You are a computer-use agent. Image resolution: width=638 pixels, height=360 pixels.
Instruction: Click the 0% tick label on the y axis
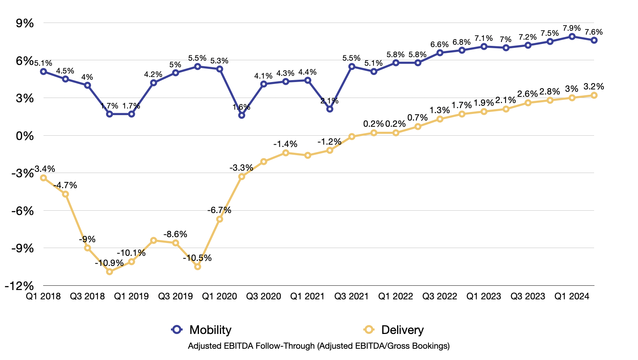25,136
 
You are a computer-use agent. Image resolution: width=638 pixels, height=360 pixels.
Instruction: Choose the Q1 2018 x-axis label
44,296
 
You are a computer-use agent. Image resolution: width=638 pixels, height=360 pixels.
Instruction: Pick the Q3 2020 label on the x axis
264,296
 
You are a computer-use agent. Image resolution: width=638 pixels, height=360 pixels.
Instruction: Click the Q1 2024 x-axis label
572,296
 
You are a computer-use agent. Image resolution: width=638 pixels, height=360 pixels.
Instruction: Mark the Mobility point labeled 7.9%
572,36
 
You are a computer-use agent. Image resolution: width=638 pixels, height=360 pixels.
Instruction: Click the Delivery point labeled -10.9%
110,272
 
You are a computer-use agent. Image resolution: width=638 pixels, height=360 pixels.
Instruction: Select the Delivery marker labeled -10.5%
197,267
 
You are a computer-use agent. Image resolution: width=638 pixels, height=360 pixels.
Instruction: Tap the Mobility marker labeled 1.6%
242,115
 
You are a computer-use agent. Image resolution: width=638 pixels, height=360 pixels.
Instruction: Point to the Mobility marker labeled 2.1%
330,109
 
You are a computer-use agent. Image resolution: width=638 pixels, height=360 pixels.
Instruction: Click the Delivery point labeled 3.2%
594,95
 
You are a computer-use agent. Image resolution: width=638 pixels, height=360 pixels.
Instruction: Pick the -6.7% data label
219,210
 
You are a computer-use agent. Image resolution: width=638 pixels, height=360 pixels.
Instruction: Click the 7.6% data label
593,32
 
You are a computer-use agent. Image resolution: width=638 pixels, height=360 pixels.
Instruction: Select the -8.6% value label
175,234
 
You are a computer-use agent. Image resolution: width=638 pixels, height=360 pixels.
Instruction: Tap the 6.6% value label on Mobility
439,45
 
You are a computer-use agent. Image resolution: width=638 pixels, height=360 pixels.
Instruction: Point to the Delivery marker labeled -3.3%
242,177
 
